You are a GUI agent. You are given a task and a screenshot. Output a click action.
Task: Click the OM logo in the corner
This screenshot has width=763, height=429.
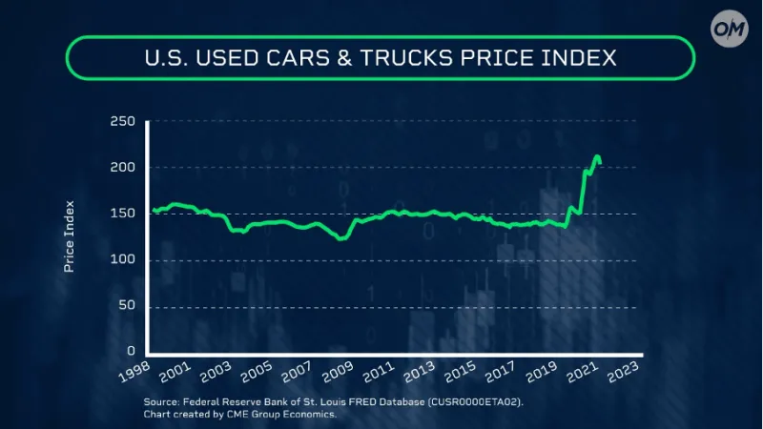tap(731, 29)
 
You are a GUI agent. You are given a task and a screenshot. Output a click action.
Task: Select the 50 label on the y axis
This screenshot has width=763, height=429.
tap(128, 307)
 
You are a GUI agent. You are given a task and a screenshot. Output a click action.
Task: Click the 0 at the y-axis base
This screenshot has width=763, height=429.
tap(133, 353)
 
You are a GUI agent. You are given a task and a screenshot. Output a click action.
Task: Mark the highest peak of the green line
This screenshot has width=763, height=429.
tap(596, 156)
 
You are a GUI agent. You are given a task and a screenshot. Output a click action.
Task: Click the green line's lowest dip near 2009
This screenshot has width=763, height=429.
tap(340, 239)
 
